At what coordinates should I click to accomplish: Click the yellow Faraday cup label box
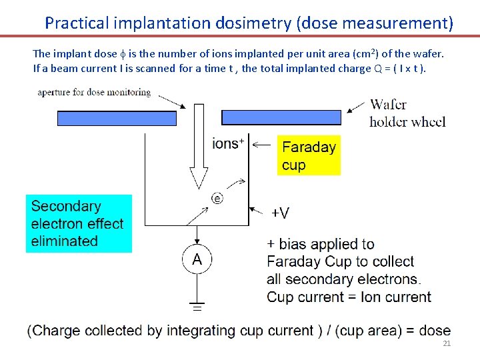point(309,156)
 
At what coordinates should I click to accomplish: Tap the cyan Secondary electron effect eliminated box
point(79,223)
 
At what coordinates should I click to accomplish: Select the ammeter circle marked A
point(197,259)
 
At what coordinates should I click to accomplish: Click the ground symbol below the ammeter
point(197,307)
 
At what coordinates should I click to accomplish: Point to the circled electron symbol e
point(217,198)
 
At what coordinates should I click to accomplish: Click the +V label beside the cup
point(280,213)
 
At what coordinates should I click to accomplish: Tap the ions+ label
point(227,143)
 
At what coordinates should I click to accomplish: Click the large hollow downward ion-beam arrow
point(198,147)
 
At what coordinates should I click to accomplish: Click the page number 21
point(447,344)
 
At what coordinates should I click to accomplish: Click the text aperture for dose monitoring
point(94,93)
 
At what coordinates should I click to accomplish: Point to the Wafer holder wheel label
point(407,113)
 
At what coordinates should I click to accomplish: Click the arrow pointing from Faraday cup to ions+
point(263,143)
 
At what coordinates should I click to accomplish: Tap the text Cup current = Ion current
point(349,297)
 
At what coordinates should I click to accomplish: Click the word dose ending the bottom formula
point(436,331)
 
